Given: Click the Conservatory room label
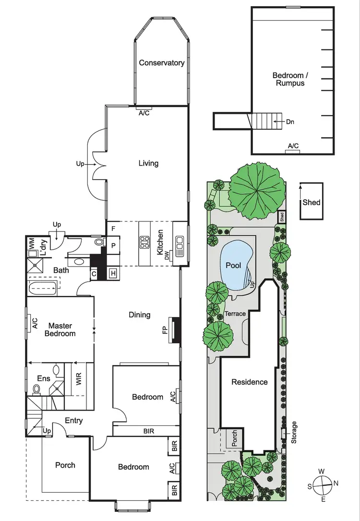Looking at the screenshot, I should click(x=161, y=63).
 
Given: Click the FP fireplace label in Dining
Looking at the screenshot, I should click(x=165, y=330).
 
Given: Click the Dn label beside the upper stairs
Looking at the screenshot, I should click(x=289, y=122).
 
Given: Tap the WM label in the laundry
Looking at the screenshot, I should click(x=31, y=243).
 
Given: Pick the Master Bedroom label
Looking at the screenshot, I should click(x=60, y=329).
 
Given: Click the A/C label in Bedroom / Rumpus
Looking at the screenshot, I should click(x=293, y=146).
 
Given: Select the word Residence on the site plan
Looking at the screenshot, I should click(x=250, y=382).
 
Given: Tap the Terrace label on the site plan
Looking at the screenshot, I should click(x=235, y=314).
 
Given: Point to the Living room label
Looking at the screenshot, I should click(x=148, y=163).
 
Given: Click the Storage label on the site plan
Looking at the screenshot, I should click(x=294, y=433).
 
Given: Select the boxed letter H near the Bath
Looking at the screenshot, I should click(x=113, y=273).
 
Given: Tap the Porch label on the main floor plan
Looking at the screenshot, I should click(x=65, y=465).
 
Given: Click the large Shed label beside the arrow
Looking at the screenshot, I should click(x=311, y=202).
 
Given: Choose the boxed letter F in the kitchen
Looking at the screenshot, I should click(x=113, y=229).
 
